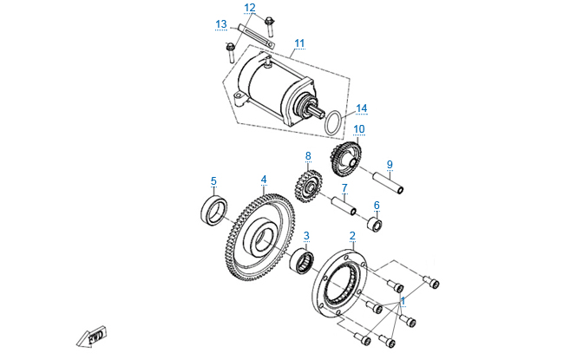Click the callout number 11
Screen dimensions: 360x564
299,43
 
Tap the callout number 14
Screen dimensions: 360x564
361,108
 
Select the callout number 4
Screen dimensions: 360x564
263,180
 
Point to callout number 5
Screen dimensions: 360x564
213,180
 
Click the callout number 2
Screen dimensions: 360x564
352,235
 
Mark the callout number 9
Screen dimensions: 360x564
390,163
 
